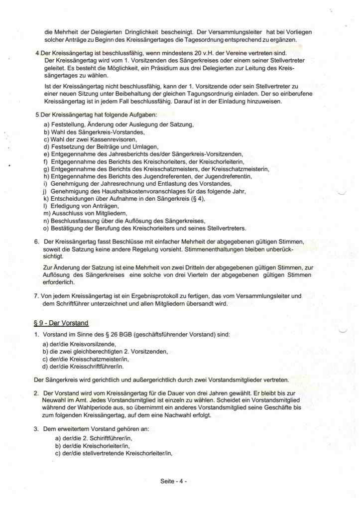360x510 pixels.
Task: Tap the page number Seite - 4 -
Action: pos(173,481)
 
